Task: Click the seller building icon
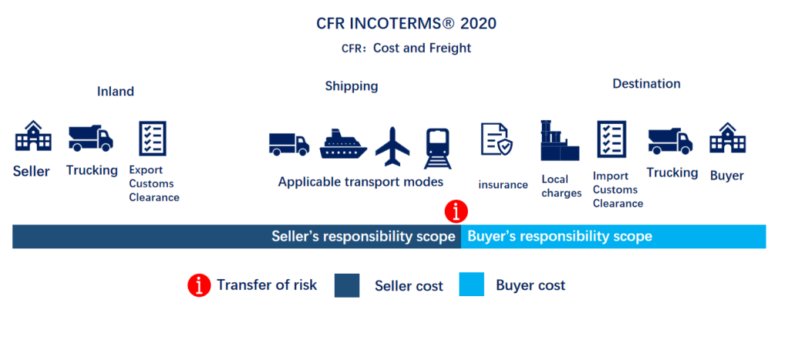click(33, 137)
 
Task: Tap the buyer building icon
click(727, 138)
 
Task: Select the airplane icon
click(393, 145)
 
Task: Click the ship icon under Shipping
click(343, 143)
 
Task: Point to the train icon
click(438, 147)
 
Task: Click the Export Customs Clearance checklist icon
click(152, 138)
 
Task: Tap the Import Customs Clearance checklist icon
click(612, 139)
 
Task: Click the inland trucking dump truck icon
click(90, 138)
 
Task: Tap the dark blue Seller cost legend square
click(347, 285)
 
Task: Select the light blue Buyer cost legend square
click(472, 285)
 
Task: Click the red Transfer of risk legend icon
click(199, 285)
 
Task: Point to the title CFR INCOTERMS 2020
click(406, 23)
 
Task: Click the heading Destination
click(646, 84)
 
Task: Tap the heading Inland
click(115, 92)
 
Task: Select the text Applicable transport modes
click(361, 182)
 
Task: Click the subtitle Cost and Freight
click(422, 48)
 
